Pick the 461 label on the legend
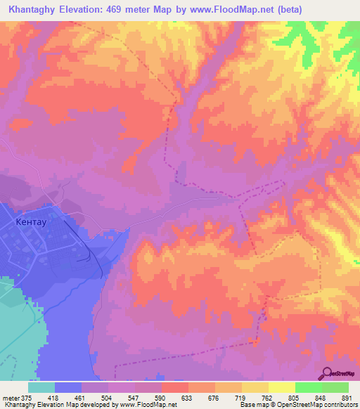82,397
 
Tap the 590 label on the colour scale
162,397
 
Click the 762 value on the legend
269,397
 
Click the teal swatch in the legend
41,387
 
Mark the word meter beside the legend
10,397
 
